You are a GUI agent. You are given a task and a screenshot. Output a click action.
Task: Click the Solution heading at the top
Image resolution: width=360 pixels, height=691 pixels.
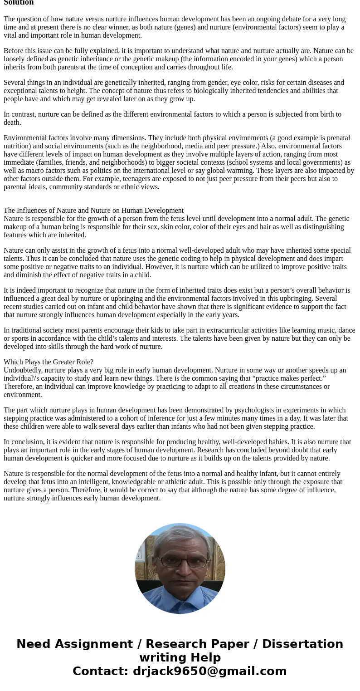(19, 3)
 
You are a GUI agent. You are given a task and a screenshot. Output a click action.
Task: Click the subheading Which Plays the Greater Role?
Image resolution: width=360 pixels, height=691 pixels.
(49, 362)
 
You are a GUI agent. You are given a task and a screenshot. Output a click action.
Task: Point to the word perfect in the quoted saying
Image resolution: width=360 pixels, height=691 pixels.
(313, 378)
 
